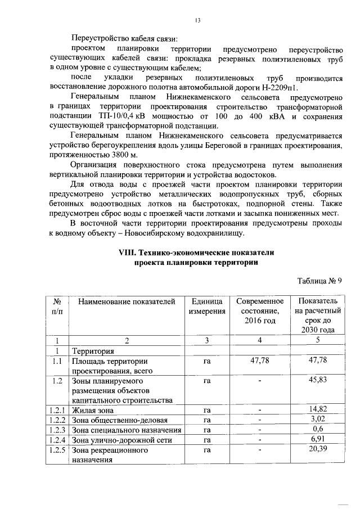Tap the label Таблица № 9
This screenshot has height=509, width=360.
pos(319,280)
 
